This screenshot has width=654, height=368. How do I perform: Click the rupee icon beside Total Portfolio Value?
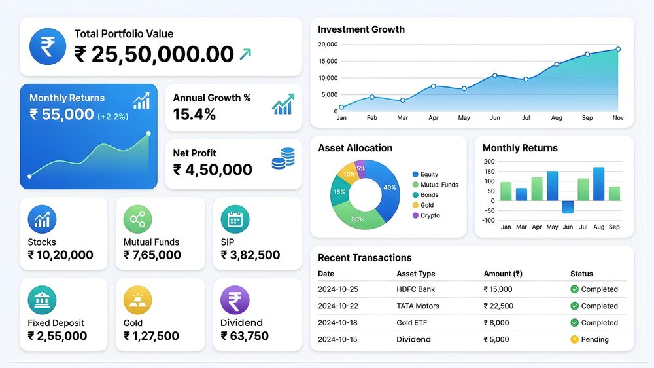[x=48, y=46]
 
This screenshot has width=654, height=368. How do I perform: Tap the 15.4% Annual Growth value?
[x=194, y=115]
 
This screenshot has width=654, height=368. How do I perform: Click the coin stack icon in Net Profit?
[x=283, y=158]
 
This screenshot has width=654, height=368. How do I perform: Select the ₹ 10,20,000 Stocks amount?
[x=60, y=255]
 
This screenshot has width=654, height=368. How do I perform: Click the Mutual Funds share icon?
[x=137, y=220]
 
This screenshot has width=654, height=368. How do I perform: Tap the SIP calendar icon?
[x=235, y=220]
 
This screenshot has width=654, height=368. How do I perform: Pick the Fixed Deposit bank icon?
[x=42, y=301]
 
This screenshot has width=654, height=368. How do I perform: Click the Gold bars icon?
[x=137, y=301]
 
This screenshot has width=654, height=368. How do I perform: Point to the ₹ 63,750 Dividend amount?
[x=245, y=336]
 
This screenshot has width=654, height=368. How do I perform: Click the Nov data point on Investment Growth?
[x=617, y=49]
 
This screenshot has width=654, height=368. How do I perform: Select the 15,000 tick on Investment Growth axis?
[x=327, y=61]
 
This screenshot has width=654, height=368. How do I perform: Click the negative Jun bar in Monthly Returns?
[x=568, y=207]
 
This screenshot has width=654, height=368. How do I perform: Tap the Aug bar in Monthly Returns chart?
[x=598, y=184]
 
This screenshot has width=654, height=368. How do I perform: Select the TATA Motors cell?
[x=418, y=306]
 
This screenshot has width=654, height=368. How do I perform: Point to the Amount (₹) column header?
[x=507, y=274]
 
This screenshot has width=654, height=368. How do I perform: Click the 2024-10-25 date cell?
[x=339, y=289]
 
